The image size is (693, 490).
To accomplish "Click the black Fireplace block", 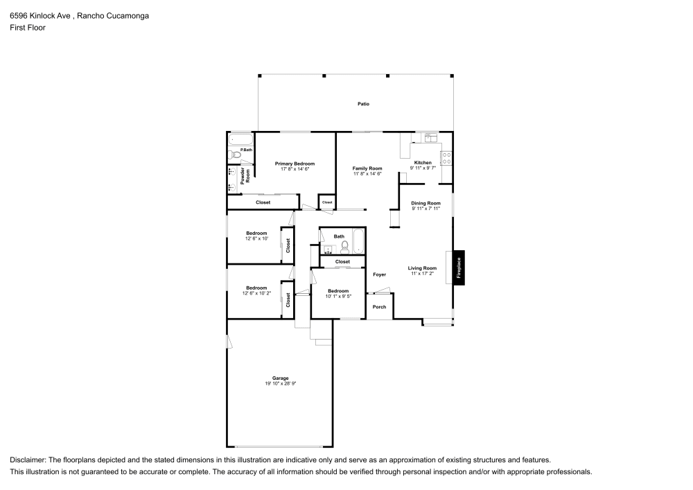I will pos(459,266).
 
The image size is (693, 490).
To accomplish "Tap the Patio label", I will pos(363,104).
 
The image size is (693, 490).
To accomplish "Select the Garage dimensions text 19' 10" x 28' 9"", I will pos(280,383).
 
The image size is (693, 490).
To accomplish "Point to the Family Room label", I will pos(367,168).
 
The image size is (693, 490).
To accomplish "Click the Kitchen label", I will pos(423,163).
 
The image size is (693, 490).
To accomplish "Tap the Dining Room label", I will pos(426,203).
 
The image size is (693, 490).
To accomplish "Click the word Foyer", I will pos(379,274).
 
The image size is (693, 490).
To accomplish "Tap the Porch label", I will pos(379,306).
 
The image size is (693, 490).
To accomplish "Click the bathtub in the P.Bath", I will pos(240,138).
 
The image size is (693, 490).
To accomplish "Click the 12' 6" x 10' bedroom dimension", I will pos(256,238).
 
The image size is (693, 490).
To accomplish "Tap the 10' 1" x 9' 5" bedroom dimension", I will pos(337,296).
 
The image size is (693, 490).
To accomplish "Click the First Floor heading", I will pos(27,28).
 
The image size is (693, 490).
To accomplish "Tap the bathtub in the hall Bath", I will pos(358,242).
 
